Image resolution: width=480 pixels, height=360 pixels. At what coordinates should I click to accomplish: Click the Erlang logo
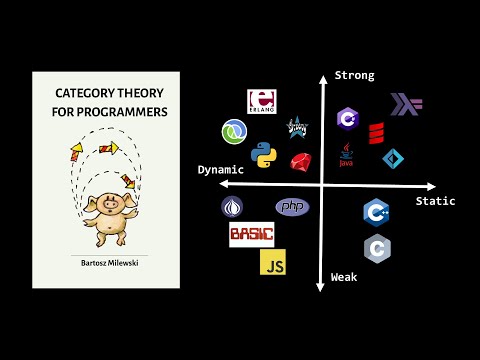point(262,102)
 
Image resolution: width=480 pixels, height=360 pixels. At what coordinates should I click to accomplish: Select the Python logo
point(263,155)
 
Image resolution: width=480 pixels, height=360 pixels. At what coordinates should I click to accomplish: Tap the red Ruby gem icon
point(301,161)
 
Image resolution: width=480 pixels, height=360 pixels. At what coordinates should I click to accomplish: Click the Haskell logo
point(408,104)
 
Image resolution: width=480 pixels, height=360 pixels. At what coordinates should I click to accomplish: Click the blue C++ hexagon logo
point(376,212)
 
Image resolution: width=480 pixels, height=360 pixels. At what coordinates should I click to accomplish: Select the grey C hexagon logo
point(377,247)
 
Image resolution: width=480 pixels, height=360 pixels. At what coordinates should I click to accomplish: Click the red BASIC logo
point(251,236)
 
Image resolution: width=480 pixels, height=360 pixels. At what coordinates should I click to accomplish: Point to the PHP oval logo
point(292,207)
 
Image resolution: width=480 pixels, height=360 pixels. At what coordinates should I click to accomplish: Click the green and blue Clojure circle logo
point(235,131)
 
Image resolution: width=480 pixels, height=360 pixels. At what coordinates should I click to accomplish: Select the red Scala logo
point(377,132)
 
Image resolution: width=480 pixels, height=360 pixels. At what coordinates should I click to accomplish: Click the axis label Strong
point(355,75)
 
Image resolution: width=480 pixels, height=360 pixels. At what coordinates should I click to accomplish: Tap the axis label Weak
point(346,276)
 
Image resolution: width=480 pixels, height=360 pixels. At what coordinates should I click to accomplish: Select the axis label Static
point(435,201)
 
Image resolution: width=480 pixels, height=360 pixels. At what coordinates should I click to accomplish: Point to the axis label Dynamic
point(221,170)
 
